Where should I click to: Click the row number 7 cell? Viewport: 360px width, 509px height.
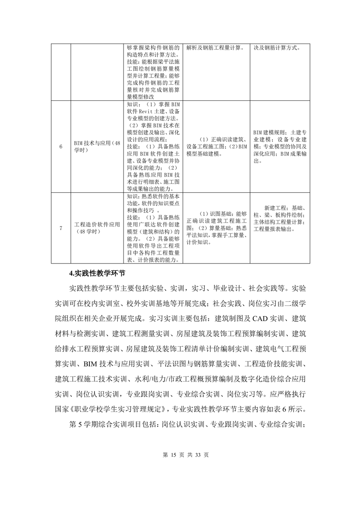click(61, 228)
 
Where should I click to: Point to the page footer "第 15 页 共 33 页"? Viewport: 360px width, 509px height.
click(180, 454)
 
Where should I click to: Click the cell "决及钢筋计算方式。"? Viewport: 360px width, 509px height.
click(279, 47)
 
